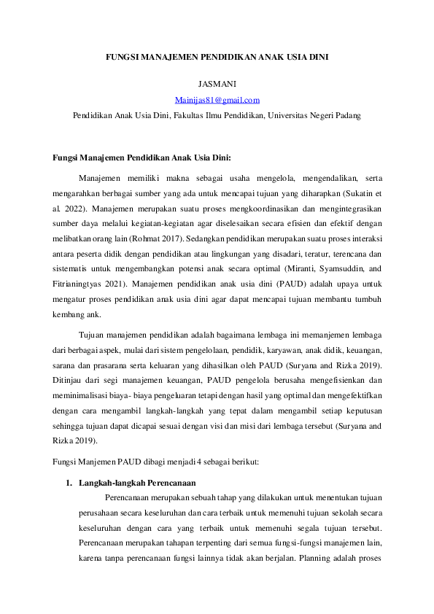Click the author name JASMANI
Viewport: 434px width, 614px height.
click(216, 85)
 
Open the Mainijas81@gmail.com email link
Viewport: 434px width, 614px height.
click(217, 100)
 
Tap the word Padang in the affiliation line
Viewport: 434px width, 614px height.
click(345, 115)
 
